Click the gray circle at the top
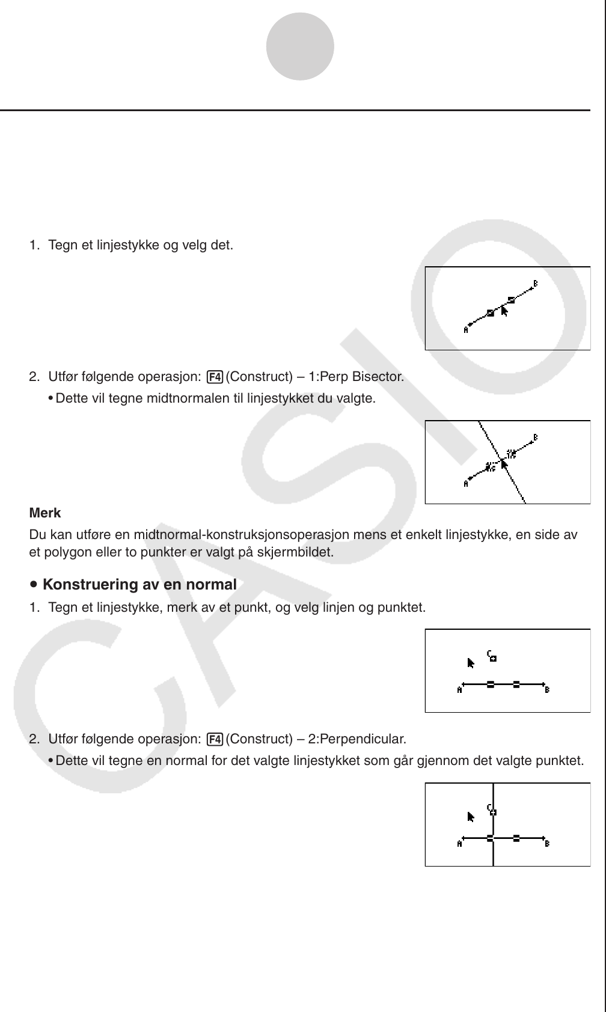tap(300, 46)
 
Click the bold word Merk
tap(45, 513)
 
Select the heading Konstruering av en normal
tap(139, 585)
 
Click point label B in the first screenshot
tap(536, 284)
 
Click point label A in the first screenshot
tap(466, 329)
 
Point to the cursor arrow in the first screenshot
tap(504, 311)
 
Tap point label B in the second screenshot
tap(536, 437)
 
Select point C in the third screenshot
tap(492, 656)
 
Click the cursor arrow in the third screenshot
tap(471, 663)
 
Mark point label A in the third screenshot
tap(459, 690)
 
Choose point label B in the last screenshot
tap(547, 844)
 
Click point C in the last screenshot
tap(492, 810)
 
